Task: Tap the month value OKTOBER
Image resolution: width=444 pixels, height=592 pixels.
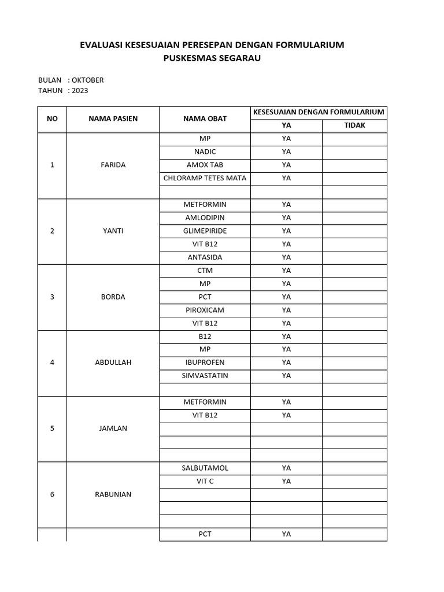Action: pyautogui.click(x=88, y=80)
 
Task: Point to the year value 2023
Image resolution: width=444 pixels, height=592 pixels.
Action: pyautogui.click(x=80, y=91)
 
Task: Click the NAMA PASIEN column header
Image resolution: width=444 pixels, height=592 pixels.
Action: pyautogui.click(x=113, y=119)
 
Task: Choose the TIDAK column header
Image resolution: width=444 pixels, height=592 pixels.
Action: pyautogui.click(x=354, y=125)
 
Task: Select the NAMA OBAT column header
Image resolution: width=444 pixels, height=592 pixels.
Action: pyautogui.click(x=205, y=119)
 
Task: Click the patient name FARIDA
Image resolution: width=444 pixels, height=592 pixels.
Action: pyautogui.click(x=113, y=165)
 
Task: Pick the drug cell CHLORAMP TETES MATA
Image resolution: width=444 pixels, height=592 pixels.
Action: pyautogui.click(x=205, y=178)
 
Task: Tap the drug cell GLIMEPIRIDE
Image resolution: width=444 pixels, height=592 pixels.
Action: pyautogui.click(x=205, y=231)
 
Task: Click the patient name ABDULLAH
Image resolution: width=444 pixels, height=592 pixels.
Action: pyautogui.click(x=113, y=362)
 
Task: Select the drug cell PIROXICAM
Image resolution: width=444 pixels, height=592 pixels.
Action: pyautogui.click(x=205, y=310)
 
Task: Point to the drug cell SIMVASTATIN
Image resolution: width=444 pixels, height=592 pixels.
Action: pyautogui.click(x=205, y=376)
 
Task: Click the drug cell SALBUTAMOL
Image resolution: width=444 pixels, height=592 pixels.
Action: pyautogui.click(x=205, y=468)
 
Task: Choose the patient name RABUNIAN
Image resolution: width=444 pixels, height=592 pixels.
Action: pyautogui.click(x=113, y=494)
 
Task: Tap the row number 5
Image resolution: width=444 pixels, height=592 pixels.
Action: pyautogui.click(x=52, y=428)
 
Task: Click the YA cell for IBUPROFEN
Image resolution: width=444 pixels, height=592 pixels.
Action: pyautogui.click(x=286, y=362)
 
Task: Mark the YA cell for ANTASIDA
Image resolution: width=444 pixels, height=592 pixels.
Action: pyautogui.click(x=286, y=257)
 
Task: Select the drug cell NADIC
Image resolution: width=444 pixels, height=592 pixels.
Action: pyautogui.click(x=205, y=152)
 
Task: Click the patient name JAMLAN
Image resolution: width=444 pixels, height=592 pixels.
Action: pyautogui.click(x=113, y=428)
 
